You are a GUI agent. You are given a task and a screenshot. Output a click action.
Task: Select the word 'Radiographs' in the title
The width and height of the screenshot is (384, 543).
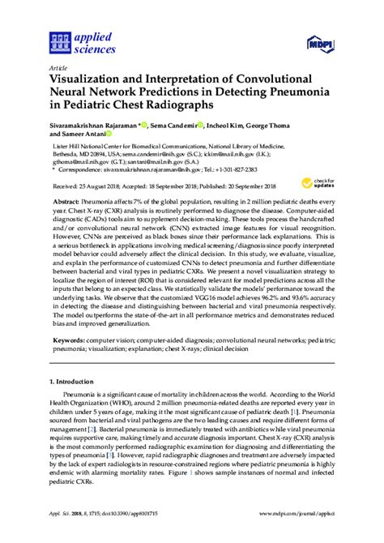[186, 106]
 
